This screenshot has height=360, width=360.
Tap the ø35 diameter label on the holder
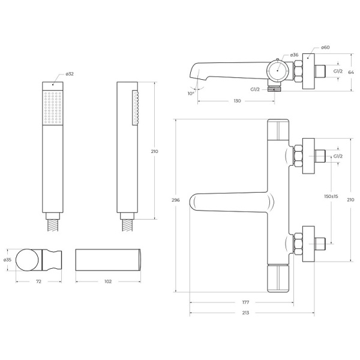(x=7, y=260)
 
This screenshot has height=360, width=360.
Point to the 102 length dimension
(x=109, y=281)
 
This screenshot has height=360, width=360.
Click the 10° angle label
(x=190, y=94)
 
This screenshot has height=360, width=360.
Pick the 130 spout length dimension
(x=237, y=101)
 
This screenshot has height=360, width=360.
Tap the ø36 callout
(x=294, y=55)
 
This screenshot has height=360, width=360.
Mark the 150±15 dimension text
(x=331, y=196)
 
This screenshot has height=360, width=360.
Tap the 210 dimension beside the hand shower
(x=154, y=151)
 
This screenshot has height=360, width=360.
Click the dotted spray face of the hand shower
(x=53, y=107)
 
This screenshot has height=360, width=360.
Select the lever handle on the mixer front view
(x=228, y=203)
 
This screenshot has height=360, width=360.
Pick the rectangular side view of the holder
(x=109, y=260)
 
